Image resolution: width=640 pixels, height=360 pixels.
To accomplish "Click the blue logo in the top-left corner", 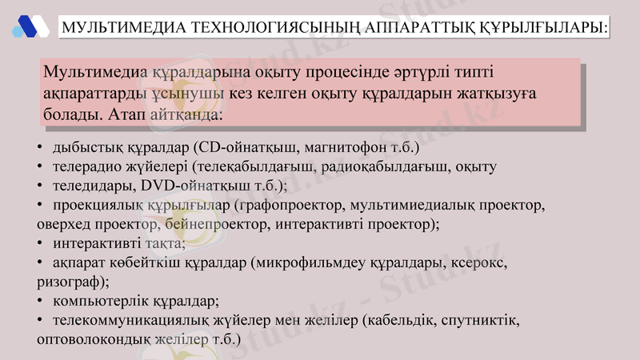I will point(29,26).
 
